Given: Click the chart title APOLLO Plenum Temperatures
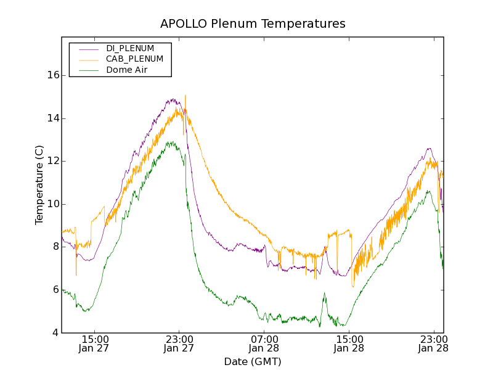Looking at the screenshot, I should (x=253, y=23).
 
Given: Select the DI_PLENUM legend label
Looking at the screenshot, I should (x=130, y=48).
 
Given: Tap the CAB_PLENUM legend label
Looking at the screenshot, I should (x=134, y=59).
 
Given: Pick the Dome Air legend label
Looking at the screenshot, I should (x=126, y=70).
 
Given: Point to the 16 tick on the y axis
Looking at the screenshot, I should (x=53, y=75).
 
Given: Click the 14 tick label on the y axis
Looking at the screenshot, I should (x=53, y=118).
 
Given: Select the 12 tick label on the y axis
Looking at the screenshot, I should (x=53, y=161).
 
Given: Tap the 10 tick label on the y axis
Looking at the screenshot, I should (x=53, y=204).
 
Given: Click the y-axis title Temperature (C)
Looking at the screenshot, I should (x=39, y=185).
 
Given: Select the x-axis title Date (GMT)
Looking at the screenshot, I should (x=253, y=361).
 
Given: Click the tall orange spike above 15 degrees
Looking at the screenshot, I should (x=185, y=97).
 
